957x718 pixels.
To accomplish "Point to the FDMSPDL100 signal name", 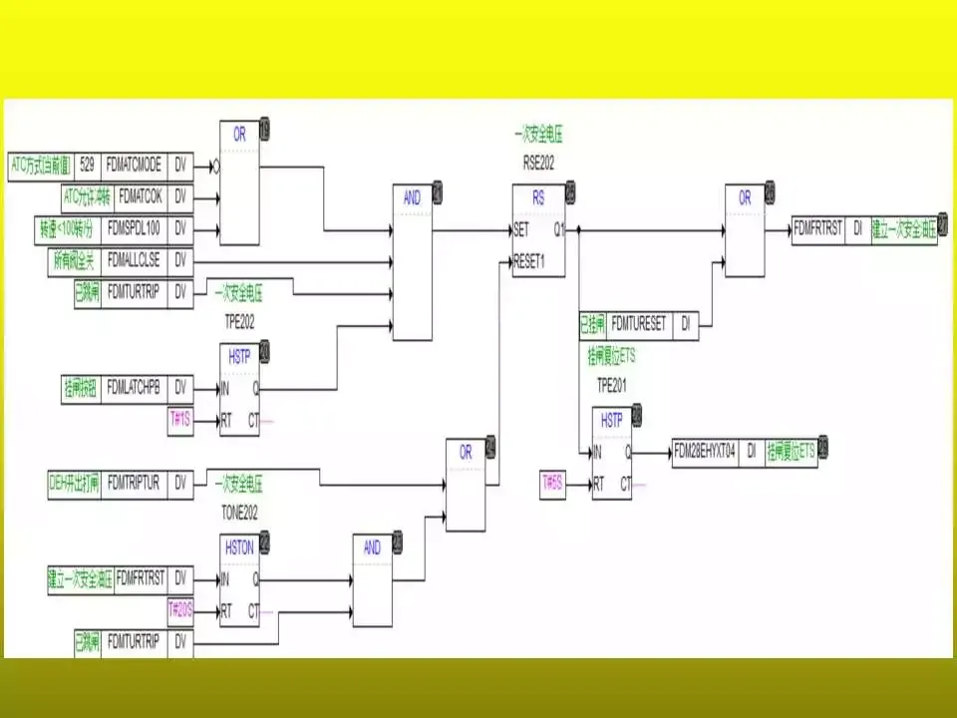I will point(137,228).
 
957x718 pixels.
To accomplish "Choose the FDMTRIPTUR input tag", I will point(134,483).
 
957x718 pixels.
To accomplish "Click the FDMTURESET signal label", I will point(638,324).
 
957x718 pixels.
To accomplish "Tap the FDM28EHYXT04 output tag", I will point(705,452).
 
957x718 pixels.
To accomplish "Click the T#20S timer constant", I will point(180,609).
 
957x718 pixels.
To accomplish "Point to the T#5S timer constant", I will point(552,484).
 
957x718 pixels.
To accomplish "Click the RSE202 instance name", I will point(537,161).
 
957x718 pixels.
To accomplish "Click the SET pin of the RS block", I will point(521,228).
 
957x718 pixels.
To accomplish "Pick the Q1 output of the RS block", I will point(559,228).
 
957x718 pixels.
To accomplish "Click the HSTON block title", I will point(239,546).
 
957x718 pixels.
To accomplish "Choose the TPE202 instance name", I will point(239,323).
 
